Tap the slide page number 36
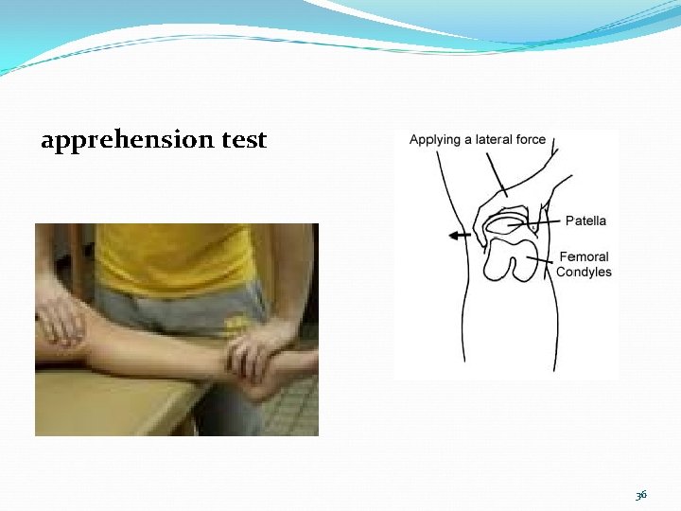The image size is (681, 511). click(x=640, y=495)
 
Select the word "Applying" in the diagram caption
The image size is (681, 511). click(x=434, y=140)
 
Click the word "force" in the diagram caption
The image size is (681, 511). click(x=531, y=139)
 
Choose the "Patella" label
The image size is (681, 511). click(x=585, y=220)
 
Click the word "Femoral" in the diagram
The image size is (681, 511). click(x=584, y=256)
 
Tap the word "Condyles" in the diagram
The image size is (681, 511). click(x=584, y=273)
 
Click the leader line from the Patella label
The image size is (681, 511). click(x=547, y=222)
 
